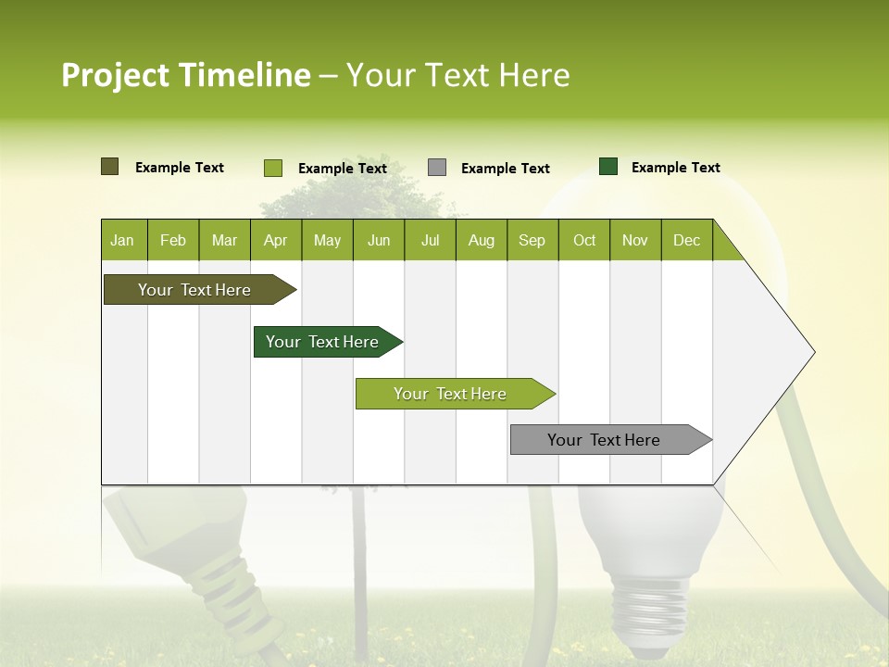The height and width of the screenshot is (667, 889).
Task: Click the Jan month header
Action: pyautogui.click(x=123, y=240)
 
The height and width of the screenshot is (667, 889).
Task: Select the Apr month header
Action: pyautogui.click(x=276, y=240)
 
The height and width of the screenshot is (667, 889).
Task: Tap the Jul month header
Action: pyautogui.click(x=430, y=240)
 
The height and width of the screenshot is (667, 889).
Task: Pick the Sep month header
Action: pyautogui.click(x=532, y=240)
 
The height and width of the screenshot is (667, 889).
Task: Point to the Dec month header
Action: pyautogui.click(x=686, y=240)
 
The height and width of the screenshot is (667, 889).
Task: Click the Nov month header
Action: pyautogui.click(x=635, y=240)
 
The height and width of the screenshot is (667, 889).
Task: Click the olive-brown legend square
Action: pyautogui.click(x=109, y=167)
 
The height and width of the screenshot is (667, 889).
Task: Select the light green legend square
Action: pyautogui.click(x=272, y=168)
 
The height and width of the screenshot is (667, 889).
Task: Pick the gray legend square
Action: pyautogui.click(x=437, y=168)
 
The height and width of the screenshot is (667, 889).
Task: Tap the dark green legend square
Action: pyautogui.click(x=608, y=167)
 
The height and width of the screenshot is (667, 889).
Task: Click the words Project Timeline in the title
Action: pyautogui.click(x=185, y=75)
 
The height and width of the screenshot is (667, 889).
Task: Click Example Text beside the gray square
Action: pyautogui.click(x=506, y=169)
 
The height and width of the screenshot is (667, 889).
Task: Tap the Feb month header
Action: pyautogui.click(x=173, y=240)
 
